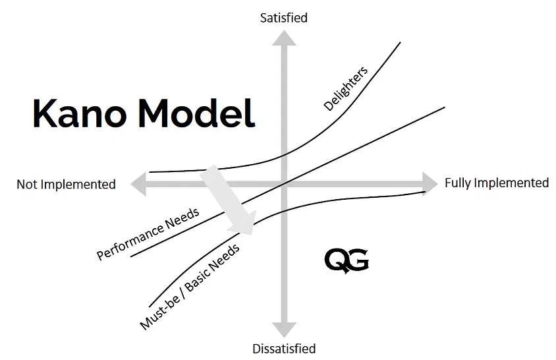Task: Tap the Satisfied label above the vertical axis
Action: click(284, 18)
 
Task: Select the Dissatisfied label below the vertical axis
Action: click(284, 348)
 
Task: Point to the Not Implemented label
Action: click(66, 184)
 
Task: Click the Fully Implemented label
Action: click(497, 183)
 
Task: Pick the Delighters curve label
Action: click(345, 88)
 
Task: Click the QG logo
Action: click(347, 260)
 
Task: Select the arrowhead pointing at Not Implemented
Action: click(139, 184)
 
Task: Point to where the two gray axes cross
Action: click(284, 184)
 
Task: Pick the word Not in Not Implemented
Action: click(27, 184)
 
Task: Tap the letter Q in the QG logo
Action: click(336, 260)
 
